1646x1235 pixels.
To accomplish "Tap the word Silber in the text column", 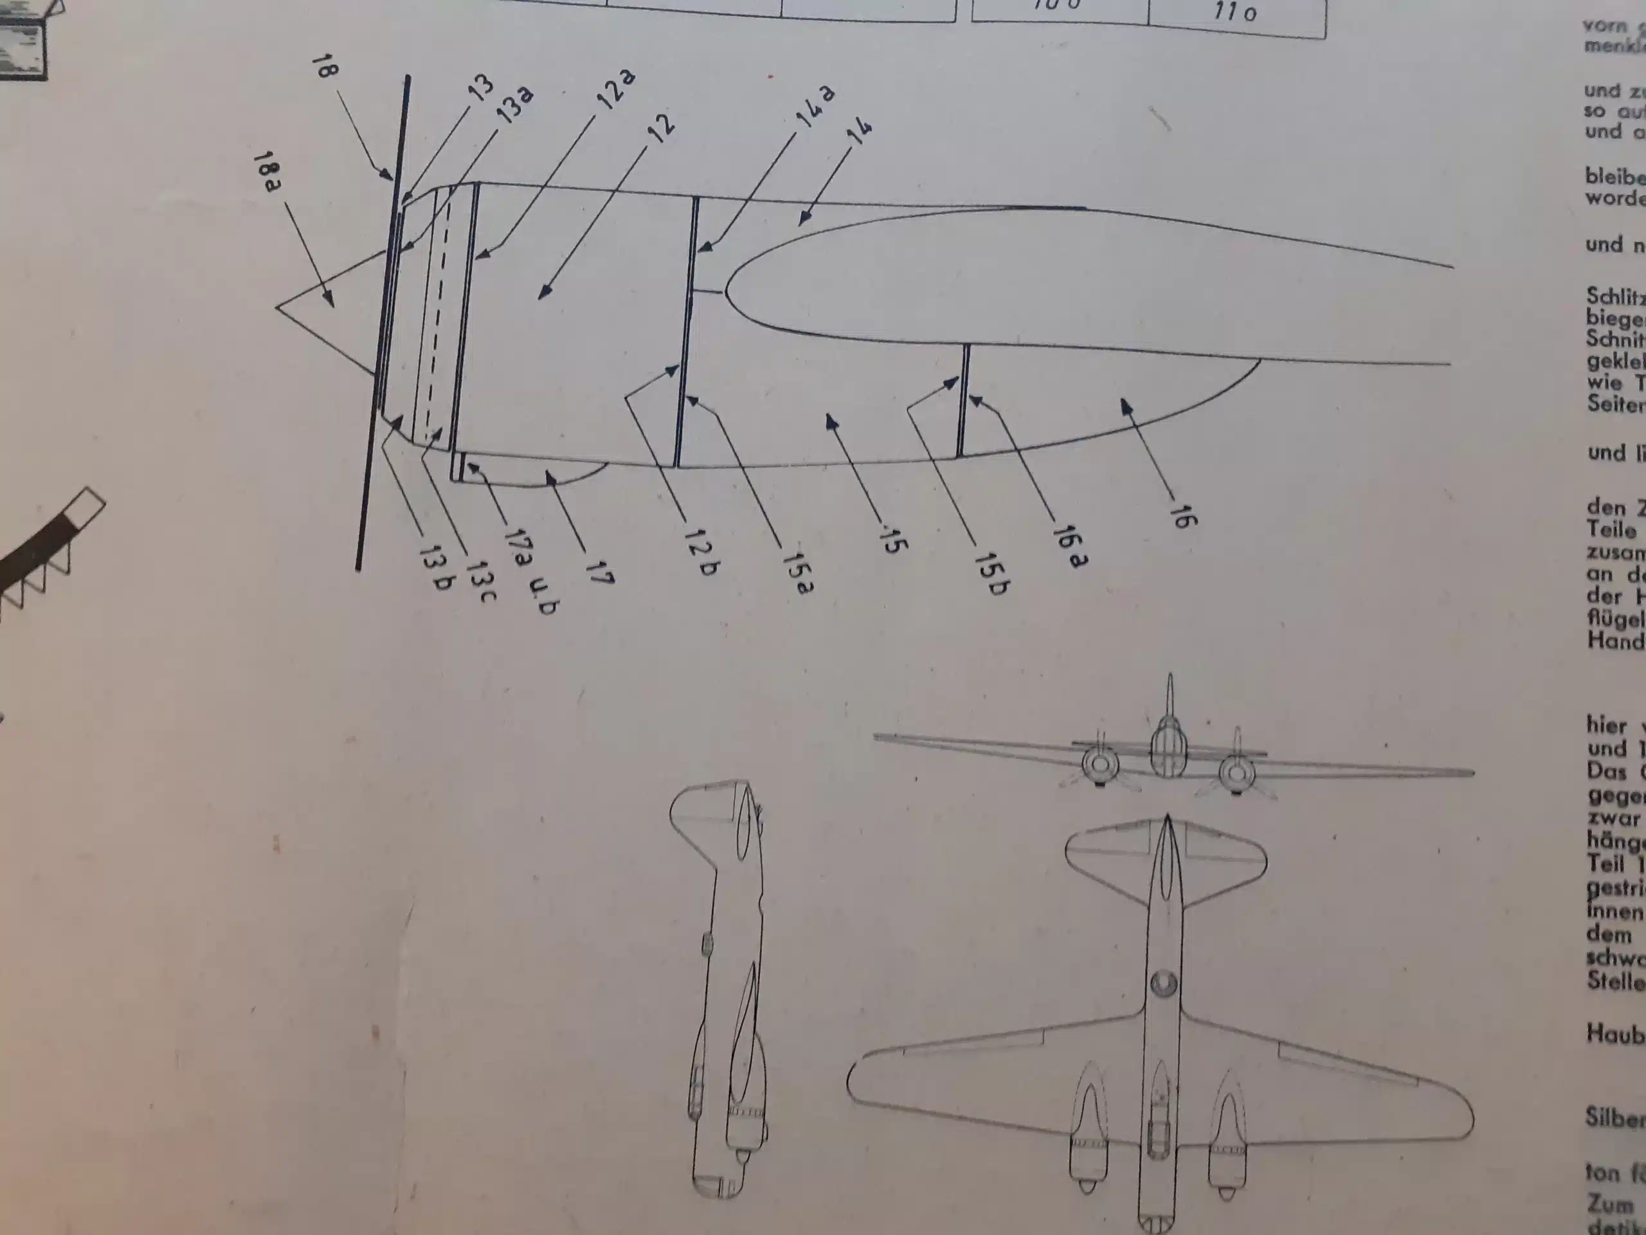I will pos(1614,1119).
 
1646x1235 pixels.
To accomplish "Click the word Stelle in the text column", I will pos(1614,980).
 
